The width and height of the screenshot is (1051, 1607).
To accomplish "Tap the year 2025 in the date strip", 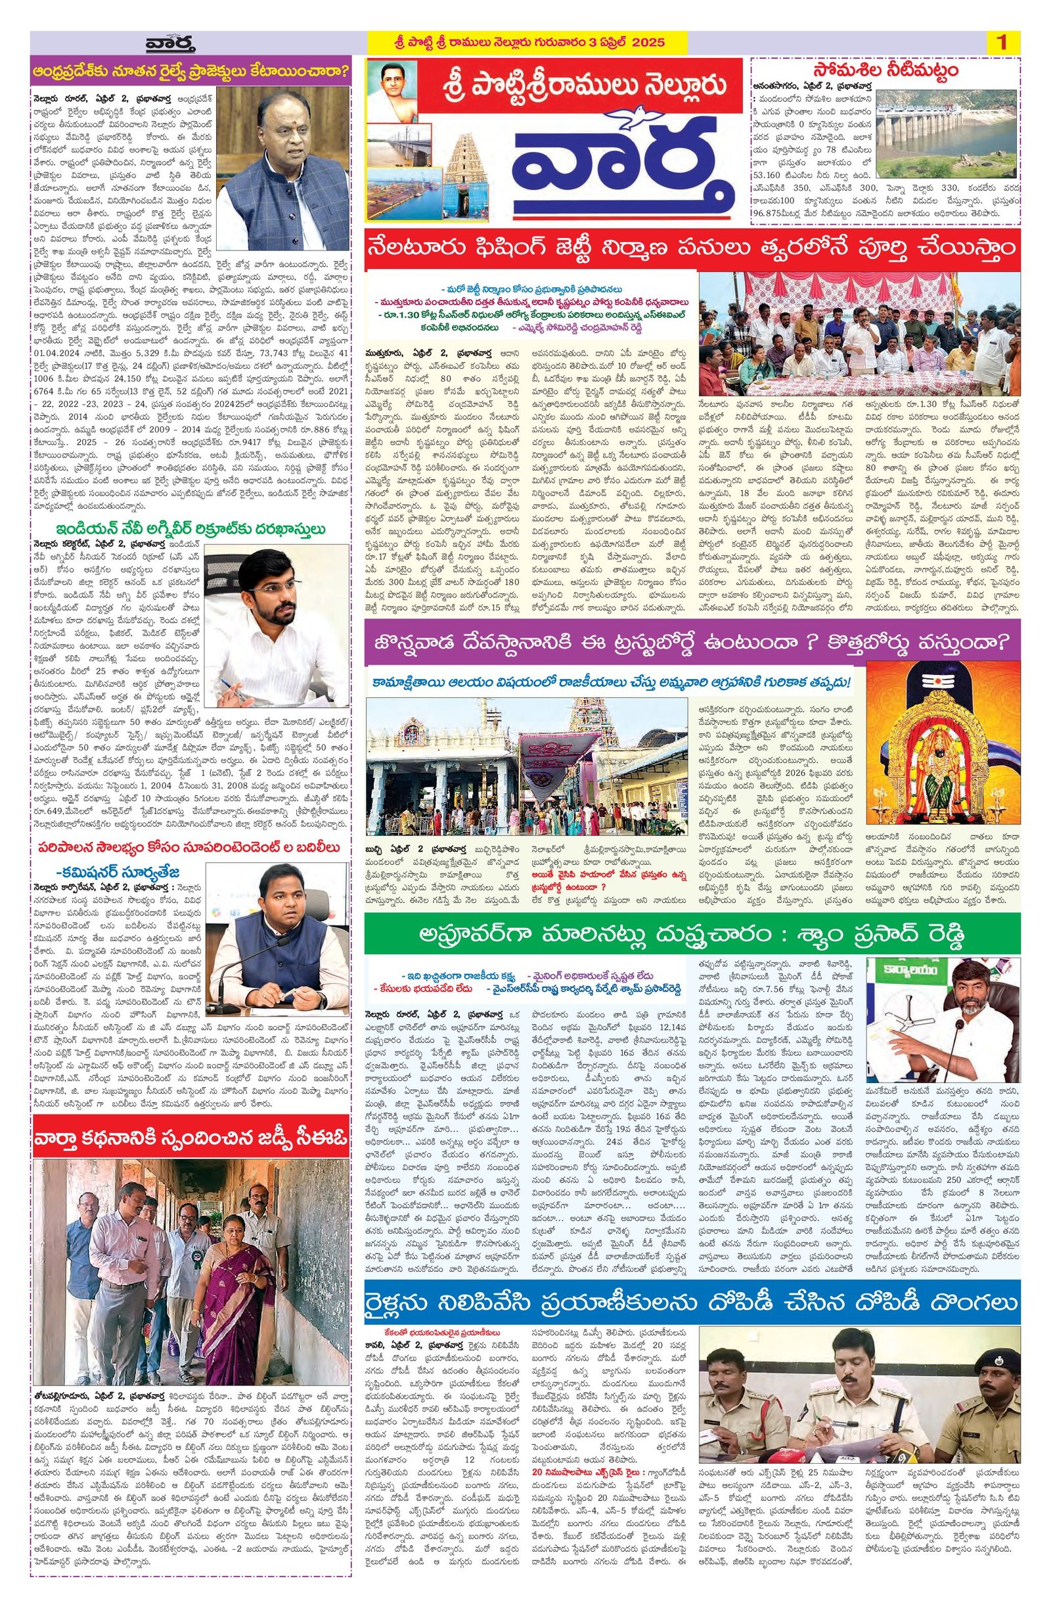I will [x=648, y=42].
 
